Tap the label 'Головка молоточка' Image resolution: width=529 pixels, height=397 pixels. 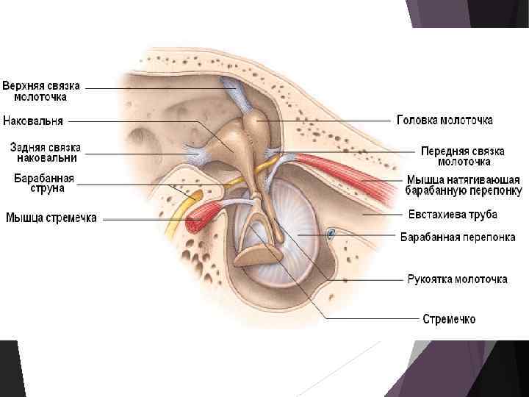445,119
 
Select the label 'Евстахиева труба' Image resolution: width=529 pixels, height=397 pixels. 453,215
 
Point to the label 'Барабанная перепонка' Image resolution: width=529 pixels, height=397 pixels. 457,237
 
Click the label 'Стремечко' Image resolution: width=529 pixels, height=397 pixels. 448,319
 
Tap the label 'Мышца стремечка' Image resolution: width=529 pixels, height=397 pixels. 51,218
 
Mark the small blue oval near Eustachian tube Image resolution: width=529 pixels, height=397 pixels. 331,235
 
